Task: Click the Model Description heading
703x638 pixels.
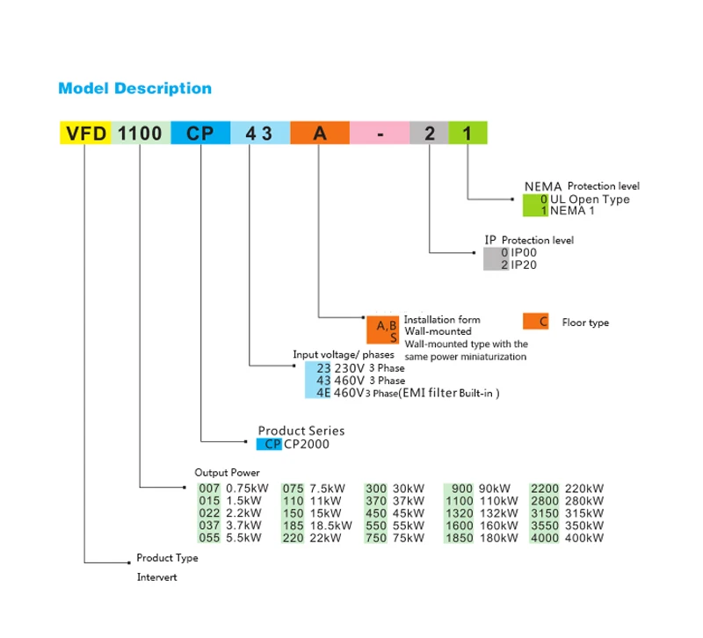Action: (134, 89)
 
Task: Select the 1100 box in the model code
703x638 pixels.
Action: (140, 133)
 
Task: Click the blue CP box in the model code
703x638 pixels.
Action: (200, 133)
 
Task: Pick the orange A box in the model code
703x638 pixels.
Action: (320, 133)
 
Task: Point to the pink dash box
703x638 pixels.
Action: (380, 133)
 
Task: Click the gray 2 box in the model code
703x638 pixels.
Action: (429, 133)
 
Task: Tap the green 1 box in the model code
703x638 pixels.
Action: (467, 133)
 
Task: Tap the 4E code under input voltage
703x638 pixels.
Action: (323, 393)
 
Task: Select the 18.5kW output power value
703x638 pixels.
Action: (327, 526)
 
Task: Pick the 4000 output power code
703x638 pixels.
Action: (545, 538)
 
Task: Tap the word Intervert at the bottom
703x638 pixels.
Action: (157, 577)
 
